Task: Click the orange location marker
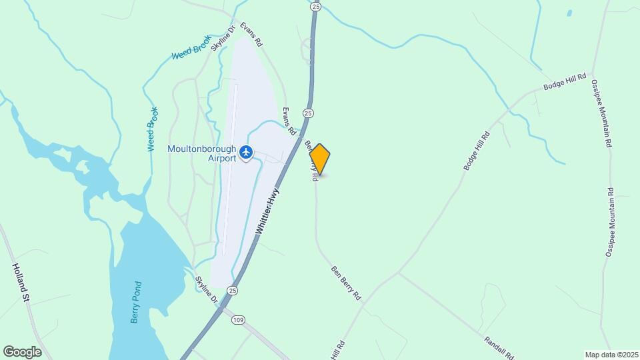coord(320,159)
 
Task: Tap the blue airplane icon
coord(247,153)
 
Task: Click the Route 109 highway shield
coord(238,320)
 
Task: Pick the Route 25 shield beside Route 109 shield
coord(231,290)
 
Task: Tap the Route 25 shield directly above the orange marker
coord(307,113)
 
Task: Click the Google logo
coord(22,352)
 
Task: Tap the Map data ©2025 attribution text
coord(611,354)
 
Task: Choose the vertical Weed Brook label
coord(153,129)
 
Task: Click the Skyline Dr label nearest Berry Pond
coord(207,290)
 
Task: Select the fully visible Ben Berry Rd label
coord(345,282)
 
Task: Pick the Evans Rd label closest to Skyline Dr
coord(251,34)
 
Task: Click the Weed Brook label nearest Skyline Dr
coord(191,51)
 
